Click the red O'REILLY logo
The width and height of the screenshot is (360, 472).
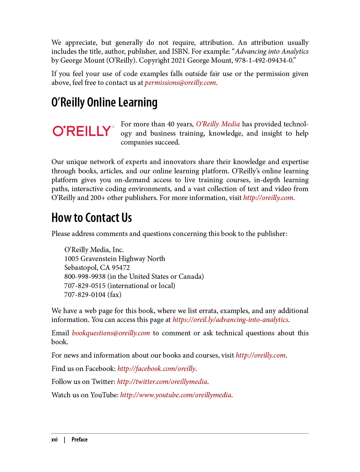(83, 131)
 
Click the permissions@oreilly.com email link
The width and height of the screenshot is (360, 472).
(180, 83)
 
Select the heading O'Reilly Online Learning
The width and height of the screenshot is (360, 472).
(104, 102)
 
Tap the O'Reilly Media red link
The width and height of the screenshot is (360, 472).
(218, 124)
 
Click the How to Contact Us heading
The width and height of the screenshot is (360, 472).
(92, 218)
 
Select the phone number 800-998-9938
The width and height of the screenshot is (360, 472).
(85, 276)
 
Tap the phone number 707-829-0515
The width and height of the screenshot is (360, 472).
(85, 286)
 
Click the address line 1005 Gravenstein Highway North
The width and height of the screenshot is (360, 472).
(115, 259)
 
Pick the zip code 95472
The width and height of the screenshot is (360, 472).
(121, 268)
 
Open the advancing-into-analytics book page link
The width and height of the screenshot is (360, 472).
(230, 320)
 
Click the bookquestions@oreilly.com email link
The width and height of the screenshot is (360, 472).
(111, 333)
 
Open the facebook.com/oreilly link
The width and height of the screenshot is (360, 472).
(156, 369)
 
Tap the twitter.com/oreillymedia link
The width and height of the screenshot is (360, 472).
(162, 382)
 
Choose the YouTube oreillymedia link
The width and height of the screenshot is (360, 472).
(176, 395)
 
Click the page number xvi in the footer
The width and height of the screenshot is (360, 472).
(55, 439)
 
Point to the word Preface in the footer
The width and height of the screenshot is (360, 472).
(80, 439)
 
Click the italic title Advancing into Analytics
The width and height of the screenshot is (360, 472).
(272, 51)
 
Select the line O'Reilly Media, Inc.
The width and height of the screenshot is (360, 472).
(94, 250)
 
